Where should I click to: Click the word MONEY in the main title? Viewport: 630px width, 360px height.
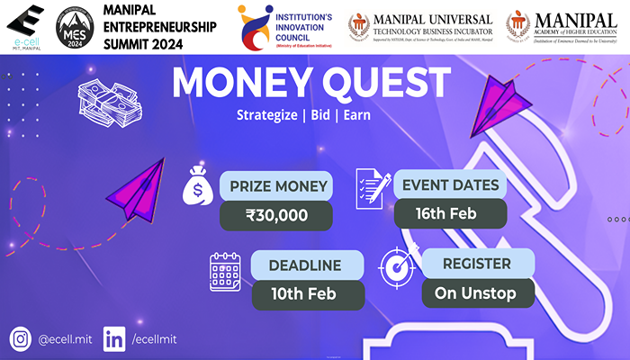coord(233,84)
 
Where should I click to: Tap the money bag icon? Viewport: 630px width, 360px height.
coord(197,186)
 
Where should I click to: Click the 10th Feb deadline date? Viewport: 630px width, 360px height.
coord(305,295)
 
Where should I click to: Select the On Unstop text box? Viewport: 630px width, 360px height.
coord(476,292)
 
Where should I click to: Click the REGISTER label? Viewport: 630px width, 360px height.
coord(476,265)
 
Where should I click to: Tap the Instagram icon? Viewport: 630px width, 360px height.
coord(21,338)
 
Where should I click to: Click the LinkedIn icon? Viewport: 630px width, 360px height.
coord(114,338)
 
